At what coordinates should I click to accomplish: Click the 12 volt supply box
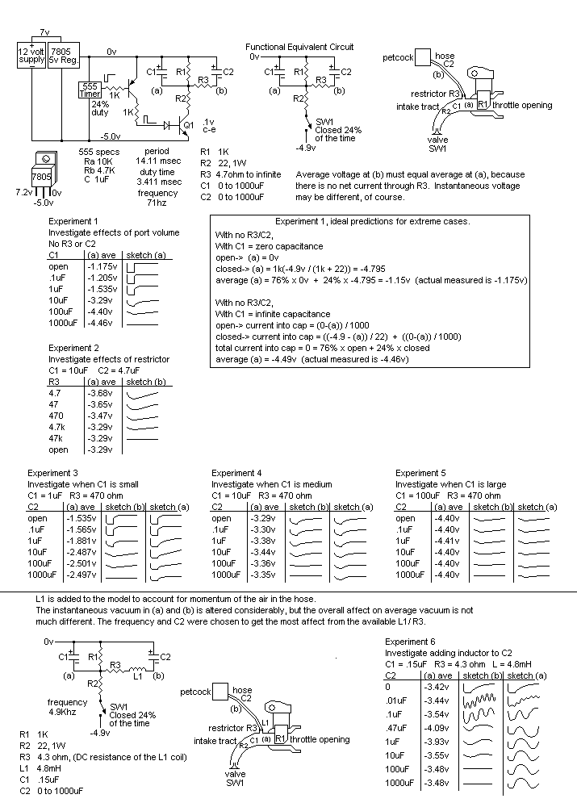(32, 56)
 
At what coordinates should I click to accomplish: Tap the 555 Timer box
(90, 90)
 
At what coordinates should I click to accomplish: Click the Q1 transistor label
(189, 125)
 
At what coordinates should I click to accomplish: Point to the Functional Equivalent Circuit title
(299, 47)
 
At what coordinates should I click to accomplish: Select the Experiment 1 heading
(73, 221)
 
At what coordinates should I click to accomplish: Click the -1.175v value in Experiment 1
(102, 266)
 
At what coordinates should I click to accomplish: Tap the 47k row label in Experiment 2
(57, 438)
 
